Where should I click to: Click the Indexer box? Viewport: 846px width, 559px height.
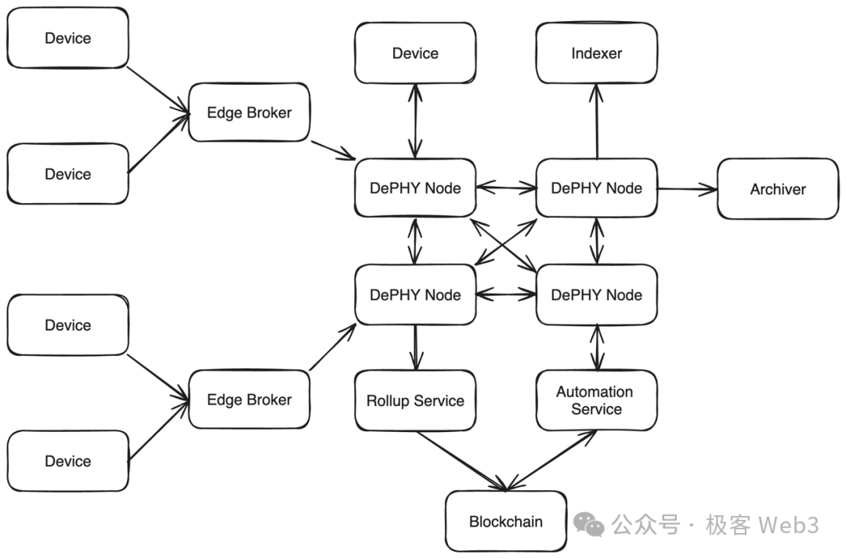pos(596,53)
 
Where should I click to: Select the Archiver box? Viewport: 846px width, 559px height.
pos(777,189)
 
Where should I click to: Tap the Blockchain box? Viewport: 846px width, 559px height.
pos(505,521)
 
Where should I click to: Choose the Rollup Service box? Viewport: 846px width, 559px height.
pos(415,401)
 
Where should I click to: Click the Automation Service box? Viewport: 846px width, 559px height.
pos(596,400)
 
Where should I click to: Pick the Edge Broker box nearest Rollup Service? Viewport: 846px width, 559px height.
pos(248,399)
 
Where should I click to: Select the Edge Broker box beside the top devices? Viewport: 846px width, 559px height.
pos(248,113)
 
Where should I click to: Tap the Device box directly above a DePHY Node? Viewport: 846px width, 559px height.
pos(415,53)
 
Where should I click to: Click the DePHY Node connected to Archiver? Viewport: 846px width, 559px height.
pos(596,188)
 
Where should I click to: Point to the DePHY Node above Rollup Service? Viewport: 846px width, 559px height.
pos(415,295)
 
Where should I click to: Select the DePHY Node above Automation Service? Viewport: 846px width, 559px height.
pos(596,295)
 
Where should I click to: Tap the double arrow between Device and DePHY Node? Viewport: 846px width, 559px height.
pos(415,121)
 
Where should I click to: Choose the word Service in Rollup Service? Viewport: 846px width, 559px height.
pos(439,401)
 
